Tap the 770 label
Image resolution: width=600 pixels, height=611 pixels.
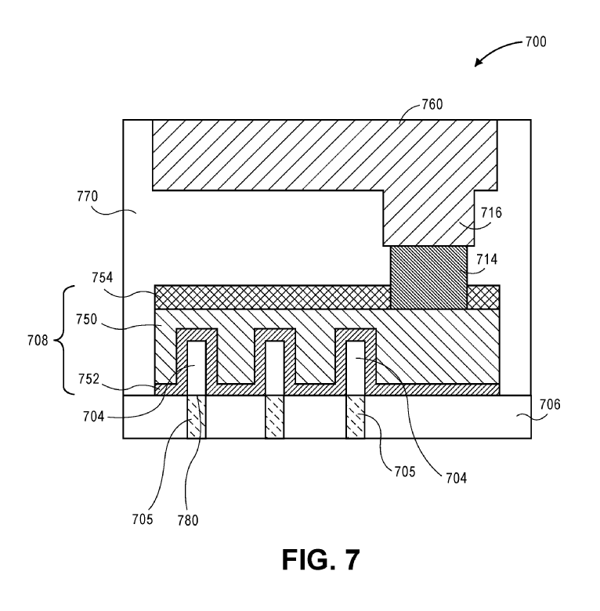tap(105, 196)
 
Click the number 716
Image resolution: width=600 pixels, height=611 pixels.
tap(490, 212)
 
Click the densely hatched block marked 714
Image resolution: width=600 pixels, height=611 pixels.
tap(428, 277)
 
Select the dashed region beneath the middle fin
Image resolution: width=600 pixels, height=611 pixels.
tap(274, 417)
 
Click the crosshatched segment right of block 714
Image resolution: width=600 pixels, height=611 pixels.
tap(483, 297)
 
